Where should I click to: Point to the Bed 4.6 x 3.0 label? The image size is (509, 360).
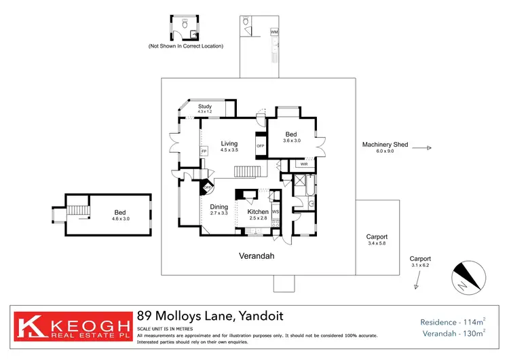coord(120,215)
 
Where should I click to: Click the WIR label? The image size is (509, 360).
coord(303,164)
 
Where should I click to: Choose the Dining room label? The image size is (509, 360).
coord(219,209)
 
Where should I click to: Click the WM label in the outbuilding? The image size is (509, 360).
coord(274,32)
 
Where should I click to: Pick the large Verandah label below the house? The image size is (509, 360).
coord(257,257)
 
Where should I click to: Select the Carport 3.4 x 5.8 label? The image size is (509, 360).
coord(377,240)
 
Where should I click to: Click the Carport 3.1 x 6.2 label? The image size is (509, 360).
coord(420,262)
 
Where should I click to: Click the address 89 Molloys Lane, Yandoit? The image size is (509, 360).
coord(210,316)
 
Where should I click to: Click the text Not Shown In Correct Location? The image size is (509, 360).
coord(185,46)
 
